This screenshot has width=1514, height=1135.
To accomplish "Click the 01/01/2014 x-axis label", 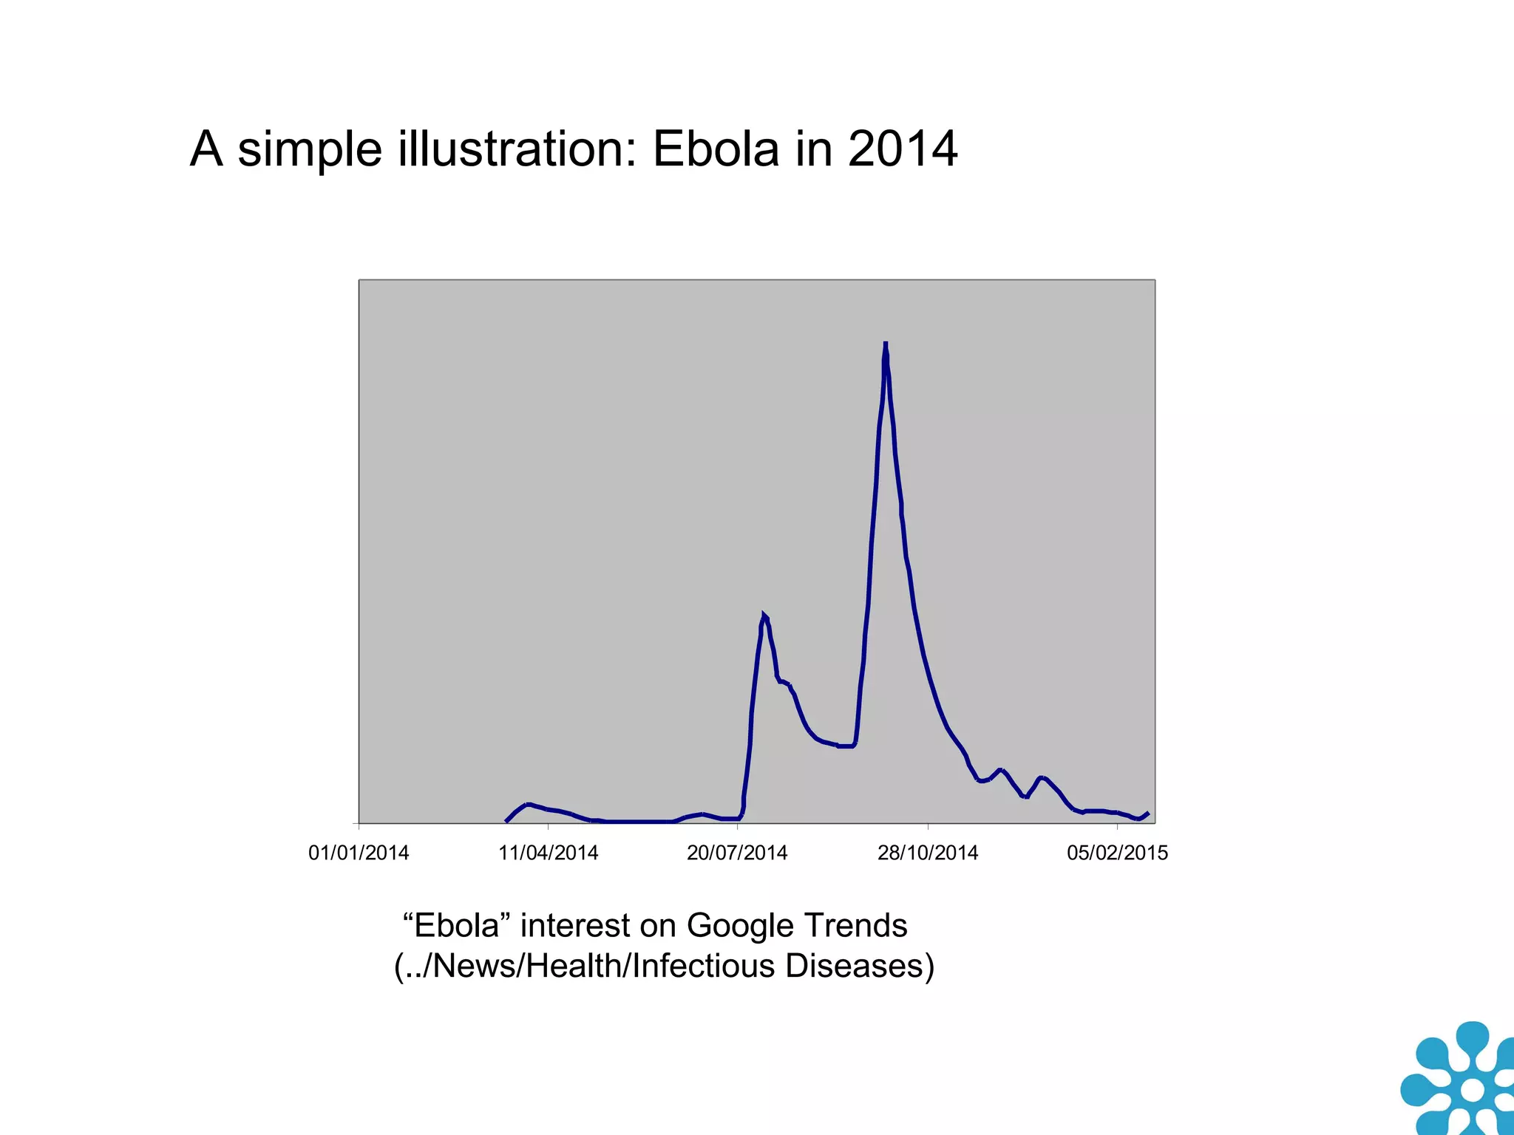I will pyautogui.click(x=359, y=853).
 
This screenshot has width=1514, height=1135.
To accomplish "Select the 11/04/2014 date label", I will pyautogui.click(x=548, y=853).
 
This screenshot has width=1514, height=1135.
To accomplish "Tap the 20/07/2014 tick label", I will pyautogui.click(x=737, y=853).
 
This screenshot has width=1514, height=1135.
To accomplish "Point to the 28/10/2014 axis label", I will pyautogui.click(x=927, y=853).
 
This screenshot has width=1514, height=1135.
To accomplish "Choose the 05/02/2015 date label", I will pyautogui.click(x=1117, y=853).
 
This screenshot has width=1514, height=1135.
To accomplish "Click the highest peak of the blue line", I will pyautogui.click(x=885, y=345).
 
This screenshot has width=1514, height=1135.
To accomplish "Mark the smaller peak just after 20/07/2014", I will pyautogui.click(x=764, y=616).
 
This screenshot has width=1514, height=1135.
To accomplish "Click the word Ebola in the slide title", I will pyautogui.click(x=716, y=149).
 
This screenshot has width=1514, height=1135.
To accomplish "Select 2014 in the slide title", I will pyautogui.click(x=903, y=149).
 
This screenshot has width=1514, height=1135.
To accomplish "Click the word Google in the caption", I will pyautogui.click(x=741, y=926).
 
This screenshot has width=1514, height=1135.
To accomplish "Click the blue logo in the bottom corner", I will pyautogui.click(x=1460, y=1080).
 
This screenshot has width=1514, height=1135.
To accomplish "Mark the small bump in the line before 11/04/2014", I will pyautogui.click(x=528, y=804).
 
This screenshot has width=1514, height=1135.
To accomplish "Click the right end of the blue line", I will pyautogui.click(x=1147, y=813).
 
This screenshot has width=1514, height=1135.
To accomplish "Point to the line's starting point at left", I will pyautogui.click(x=506, y=821).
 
